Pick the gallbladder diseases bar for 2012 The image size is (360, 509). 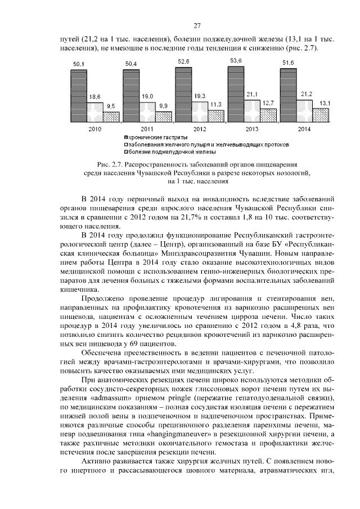pos(200,112)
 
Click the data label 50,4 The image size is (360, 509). pos(130,64)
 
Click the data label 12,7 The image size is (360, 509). pos(268,102)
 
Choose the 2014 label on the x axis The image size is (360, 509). pos(304,129)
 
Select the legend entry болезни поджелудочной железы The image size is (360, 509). pos(164,151)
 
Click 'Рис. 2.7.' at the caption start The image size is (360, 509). pos(109,164)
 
